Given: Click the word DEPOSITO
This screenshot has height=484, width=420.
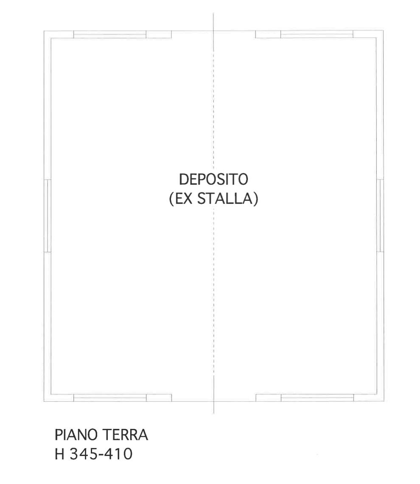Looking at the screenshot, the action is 213,179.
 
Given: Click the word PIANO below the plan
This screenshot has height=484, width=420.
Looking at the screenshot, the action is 76,435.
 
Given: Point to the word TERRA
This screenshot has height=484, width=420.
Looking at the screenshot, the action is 125,435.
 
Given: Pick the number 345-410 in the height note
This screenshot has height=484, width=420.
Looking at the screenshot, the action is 101,454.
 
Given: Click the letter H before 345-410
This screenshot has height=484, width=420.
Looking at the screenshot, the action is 59,454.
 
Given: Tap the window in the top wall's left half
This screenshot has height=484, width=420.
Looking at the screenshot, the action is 110,35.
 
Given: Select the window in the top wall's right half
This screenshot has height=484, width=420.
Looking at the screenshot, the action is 317,35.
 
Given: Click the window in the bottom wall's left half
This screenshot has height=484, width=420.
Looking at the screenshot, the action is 110,398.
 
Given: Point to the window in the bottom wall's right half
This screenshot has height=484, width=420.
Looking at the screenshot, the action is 317,398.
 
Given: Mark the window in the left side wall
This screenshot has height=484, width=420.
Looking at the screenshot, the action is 47,216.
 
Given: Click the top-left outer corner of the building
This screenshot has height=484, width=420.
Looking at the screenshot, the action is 44,31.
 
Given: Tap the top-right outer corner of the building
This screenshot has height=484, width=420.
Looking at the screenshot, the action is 384,31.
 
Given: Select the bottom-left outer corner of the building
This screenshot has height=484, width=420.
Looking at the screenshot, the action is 44,402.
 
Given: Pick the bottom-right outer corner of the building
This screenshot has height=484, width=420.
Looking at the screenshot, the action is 384,401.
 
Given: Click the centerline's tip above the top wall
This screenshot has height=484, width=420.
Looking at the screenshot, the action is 213,13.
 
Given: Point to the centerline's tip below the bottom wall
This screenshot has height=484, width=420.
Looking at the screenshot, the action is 214,413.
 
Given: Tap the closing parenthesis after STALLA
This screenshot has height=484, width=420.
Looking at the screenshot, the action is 255,199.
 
